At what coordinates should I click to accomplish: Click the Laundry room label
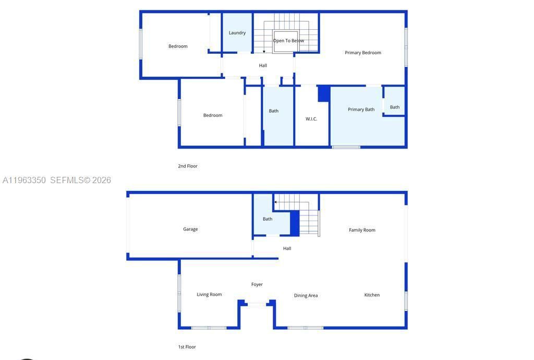point(237,33)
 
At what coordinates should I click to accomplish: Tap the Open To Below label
point(288,41)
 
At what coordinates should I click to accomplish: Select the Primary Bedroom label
point(363,53)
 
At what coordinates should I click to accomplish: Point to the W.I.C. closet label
point(311,119)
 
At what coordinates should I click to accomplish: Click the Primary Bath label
point(361,110)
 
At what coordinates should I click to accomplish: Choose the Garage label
point(190,229)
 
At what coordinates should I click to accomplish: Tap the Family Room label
point(362,230)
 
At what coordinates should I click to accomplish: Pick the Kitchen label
point(372,295)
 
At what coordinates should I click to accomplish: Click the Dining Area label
point(306,296)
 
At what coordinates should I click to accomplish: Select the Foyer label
point(257,284)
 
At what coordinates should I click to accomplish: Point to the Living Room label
point(209,295)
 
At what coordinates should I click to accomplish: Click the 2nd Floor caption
point(188,166)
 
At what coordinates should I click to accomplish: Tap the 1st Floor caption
point(187,347)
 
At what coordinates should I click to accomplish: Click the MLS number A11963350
point(24,181)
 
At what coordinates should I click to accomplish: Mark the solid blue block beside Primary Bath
point(324,93)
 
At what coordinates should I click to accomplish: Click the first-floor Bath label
point(268,219)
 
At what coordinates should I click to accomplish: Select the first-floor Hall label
point(287,248)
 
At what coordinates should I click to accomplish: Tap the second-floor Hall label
point(263,66)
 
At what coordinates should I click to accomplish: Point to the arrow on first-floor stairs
point(276,202)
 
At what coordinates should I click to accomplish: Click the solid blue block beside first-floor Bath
point(295,223)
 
